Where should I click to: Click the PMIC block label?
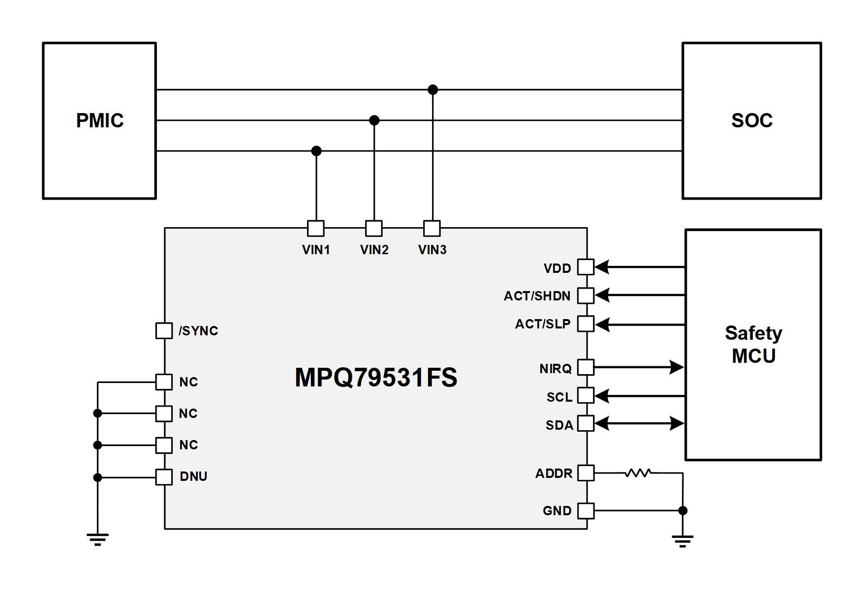[x=100, y=120]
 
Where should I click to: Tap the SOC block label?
[x=752, y=120]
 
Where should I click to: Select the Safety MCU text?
[x=753, y=344]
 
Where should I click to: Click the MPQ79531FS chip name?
[x=376, y=378]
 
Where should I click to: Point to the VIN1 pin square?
[x=316, y=228]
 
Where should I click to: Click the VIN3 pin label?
[x=432, y=250]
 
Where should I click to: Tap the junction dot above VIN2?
[x=374, y=120]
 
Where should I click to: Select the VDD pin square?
[x=586, y=267]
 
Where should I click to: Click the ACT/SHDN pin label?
[x=537, y=296]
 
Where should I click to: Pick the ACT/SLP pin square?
[x=586, y=324]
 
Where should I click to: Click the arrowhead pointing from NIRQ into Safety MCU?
[x=677, y=367]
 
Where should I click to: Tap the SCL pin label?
[x=559, y=397]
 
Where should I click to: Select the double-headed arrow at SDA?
[x=639, y=423]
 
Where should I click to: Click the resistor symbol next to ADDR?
[x=639, y=473]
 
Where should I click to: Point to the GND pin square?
[x=586, y=511]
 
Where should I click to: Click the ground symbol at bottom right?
[x=682, y=541]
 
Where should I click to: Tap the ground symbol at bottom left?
[x=97, y=539]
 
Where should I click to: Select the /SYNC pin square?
[x=164, y=331]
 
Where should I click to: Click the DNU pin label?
[x=193, y=476]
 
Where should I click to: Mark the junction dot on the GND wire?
[x=682, y=511]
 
